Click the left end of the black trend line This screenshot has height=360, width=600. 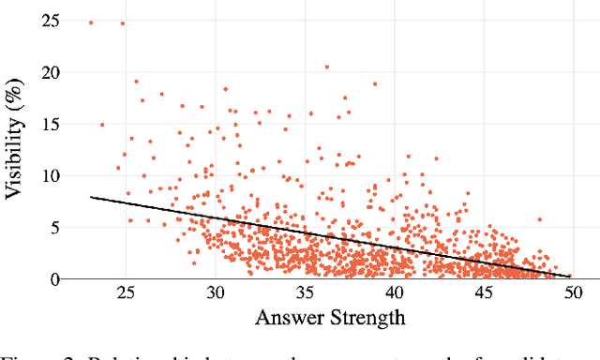tap(91, 197)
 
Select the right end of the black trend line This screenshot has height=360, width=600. tap(569, 277)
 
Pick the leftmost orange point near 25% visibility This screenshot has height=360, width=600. tap(91, 22)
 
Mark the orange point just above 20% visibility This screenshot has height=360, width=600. tap(326, 67)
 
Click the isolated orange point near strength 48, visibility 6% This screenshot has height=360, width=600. tap(539, 219)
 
